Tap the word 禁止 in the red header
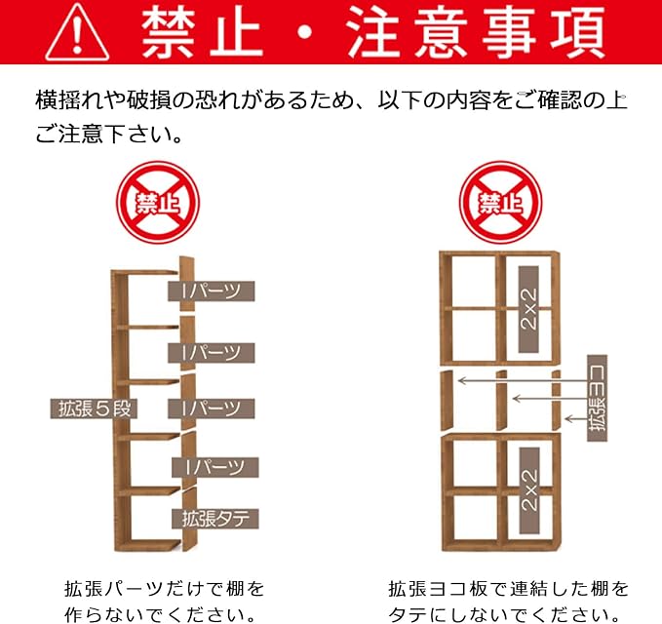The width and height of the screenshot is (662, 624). pyautogui.click(x=202, y=32)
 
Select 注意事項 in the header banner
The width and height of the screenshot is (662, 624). pyautogui.click(x=476, y=32)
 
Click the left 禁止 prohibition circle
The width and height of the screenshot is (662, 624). pyautogui.click(x=158, y=202)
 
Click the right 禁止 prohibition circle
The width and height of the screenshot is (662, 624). pyautogui.click(x=501, y=202)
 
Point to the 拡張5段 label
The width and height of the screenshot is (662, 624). pyautogui.click(x=94, y=409)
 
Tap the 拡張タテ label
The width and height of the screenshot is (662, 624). pyautogui.click(x=214, y=519)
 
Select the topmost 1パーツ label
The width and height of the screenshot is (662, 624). pyautogui.click(x=212, y=291)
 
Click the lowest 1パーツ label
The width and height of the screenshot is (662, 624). pyautogui.click(x=214, y=467)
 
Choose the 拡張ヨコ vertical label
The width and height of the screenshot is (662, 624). pyautogui.click(x=597, y=398)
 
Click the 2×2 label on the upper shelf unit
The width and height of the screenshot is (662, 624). pyautogui.click(x=529, y=309)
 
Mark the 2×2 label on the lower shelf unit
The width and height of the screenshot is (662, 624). pyautogui.click(x=529, y=490)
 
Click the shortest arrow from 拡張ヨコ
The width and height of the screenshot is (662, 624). pyautogui.click(x=576, y=419)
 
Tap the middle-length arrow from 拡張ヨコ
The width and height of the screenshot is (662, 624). pyautogui.click(x=550, y=398)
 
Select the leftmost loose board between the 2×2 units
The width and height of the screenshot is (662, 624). pyautogui.click(x=447, y=401)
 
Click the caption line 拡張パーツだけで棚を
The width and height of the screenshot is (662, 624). pyautogui.click(x=165, y=589)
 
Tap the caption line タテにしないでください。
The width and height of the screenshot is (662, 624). pyautogui.click(x=503, y=614)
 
